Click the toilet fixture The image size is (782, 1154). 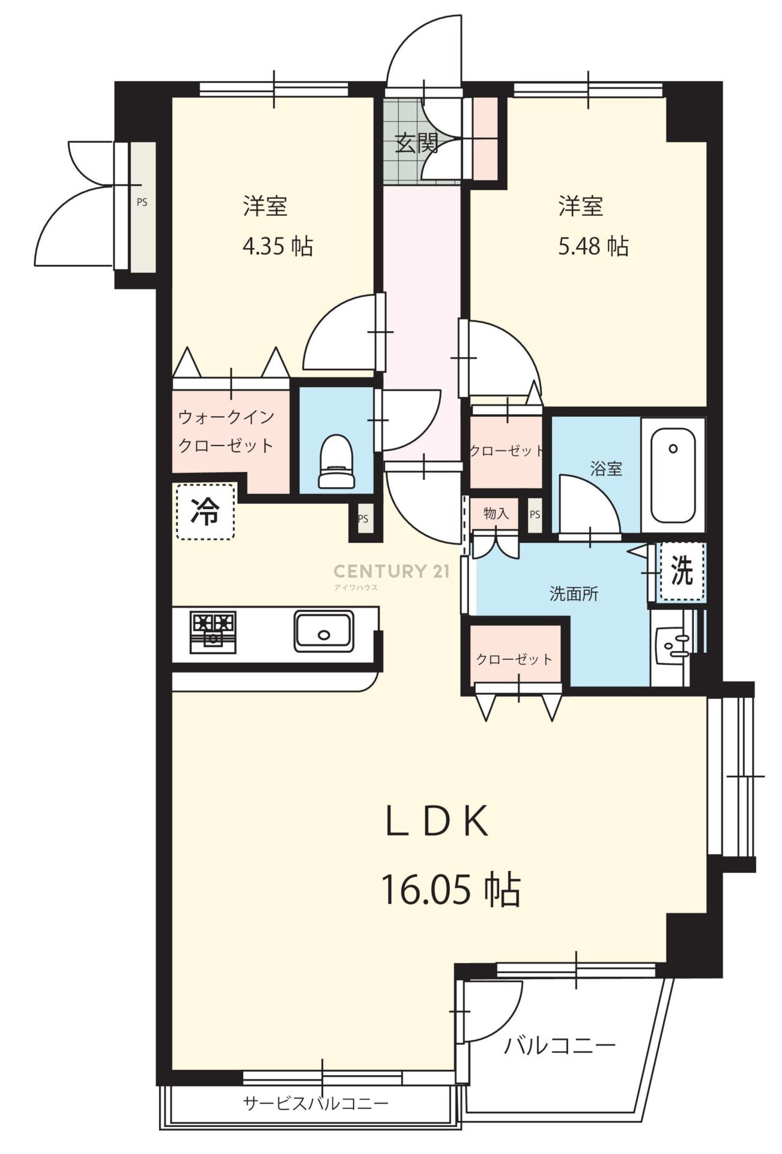(x=336, y=461)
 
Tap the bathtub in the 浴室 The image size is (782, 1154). (x=673, y=475)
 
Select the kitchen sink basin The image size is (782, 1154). (x=324, y=631)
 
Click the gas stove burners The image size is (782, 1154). (x=213, y=631)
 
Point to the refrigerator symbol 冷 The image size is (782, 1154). (x=205, y=511)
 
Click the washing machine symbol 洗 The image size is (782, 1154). (x=681, y=571)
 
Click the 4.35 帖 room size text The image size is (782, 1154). (x=277, y=246)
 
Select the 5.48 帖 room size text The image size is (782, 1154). (x=593, y=246)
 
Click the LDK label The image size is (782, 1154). (x=437, y=822)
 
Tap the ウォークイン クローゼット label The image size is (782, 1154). (x=226, y=431)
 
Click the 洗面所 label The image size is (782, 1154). (x=574, y=594)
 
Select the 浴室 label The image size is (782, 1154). (x=606, y=468)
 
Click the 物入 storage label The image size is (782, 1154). (x=496, y=513)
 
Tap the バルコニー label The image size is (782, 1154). (x=560, y=1046)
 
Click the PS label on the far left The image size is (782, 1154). (x=142, y=203)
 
